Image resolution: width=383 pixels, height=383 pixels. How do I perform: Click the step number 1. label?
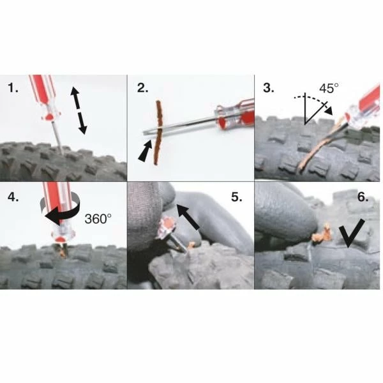[x=13, y=88]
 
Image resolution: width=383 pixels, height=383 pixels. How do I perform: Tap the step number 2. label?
[x=142, y=88]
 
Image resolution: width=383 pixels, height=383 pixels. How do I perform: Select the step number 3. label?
[x=269, y=88]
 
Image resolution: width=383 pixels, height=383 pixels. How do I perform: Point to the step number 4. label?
[x=13, y=197]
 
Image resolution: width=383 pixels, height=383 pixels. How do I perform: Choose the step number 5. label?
[x=237, y=197]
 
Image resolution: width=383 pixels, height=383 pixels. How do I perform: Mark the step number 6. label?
[x=363, y=197]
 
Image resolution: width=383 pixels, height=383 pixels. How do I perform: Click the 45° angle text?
[x=329, y=88]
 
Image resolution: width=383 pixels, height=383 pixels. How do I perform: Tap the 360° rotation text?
[x=98, y=218]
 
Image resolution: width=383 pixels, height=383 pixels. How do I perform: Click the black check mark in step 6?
[x=352, y=233]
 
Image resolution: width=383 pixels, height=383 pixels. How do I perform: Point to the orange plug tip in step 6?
[x=323, y=235]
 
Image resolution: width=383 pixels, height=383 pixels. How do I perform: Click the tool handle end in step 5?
[x=167, y=227]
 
